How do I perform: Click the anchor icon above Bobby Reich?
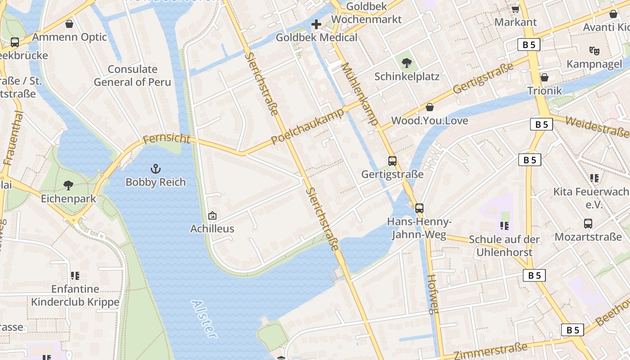tap(155, 169)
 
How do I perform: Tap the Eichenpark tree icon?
tap(68, 185)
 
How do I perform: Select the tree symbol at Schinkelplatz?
tap(407, 63)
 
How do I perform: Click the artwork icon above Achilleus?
tap(212, 216)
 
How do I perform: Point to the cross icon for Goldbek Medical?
tap(316, 24)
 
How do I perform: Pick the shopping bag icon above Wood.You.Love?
tap(430, 107)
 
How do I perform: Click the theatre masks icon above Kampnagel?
tap(594, 50)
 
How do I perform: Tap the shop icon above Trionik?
tap(544, 77)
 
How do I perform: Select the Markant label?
tap(515, 22)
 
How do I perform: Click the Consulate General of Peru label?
tap(132, 76)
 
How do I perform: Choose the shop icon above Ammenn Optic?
tap(69, 24)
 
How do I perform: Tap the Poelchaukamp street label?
tap(308, 126)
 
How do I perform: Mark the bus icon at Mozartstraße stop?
tap(588, 223)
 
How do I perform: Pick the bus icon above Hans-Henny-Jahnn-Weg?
tap(419, 208)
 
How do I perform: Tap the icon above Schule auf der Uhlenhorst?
tap(504, 225)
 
